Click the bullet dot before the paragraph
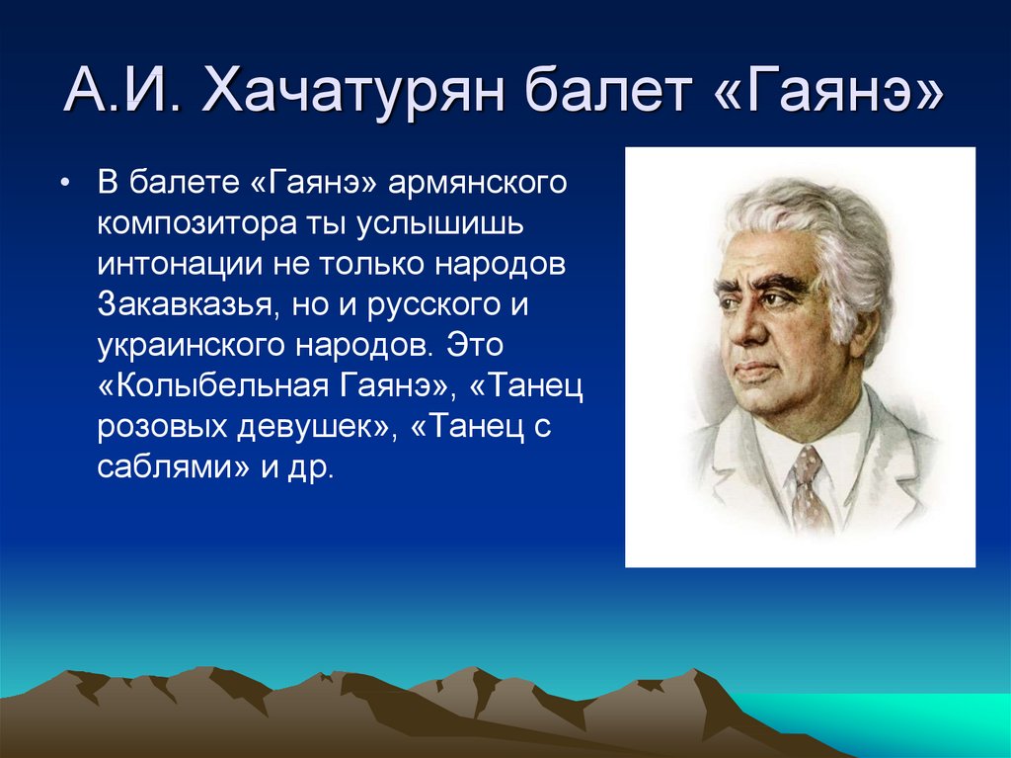pyautogui.click(x=64, y=184)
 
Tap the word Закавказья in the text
pyautogui.click(x=185, y=304)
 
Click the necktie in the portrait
pyautogui.click(x=809, y=489)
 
